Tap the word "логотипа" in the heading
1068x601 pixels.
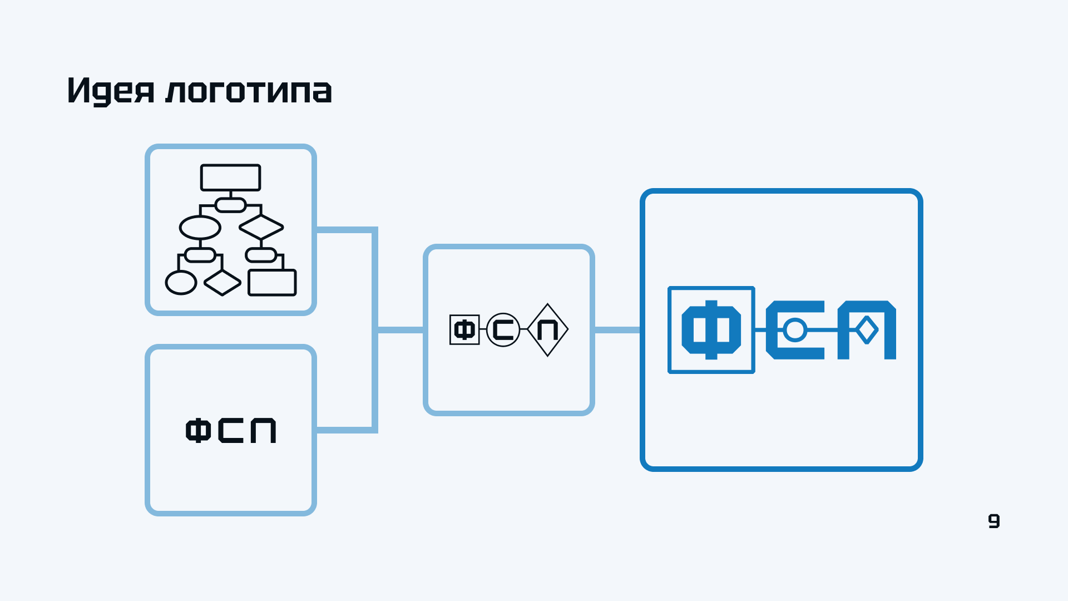(249, 91)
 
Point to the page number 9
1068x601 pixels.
(993, 521)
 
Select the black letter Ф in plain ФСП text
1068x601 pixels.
(198, 431)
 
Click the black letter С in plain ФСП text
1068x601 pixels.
(230, 431)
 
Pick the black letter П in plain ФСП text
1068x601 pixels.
(263, 431)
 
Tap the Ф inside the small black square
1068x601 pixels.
(464, 330)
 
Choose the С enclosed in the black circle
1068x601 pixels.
(503, 330)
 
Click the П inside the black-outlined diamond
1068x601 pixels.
(547, 330)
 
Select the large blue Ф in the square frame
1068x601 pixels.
(711, 330)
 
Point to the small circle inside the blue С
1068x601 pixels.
(795, 330)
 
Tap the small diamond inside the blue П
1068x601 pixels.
(867, 330)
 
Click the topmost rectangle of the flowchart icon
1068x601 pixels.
(230, 178)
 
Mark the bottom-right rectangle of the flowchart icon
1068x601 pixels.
(272, 283)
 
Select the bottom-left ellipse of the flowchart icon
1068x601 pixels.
(181, 283)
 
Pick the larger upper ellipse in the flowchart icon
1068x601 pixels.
(200, 227)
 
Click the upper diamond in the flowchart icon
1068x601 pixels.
(261, 227)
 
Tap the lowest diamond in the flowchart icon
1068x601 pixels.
(222, 283)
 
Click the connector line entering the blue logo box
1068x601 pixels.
(617, 330)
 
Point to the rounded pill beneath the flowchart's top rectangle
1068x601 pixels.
(230, 205)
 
